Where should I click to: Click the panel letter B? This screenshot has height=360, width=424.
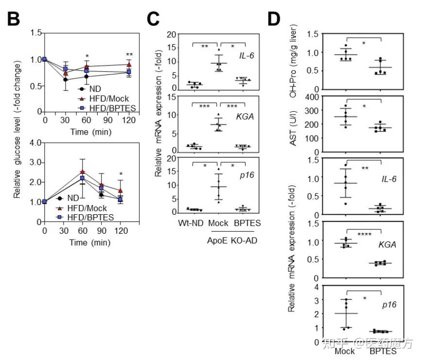[13, 19]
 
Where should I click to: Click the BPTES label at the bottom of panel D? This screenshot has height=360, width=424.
[383, 351]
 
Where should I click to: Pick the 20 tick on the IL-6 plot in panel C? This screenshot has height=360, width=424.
[171, 35]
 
